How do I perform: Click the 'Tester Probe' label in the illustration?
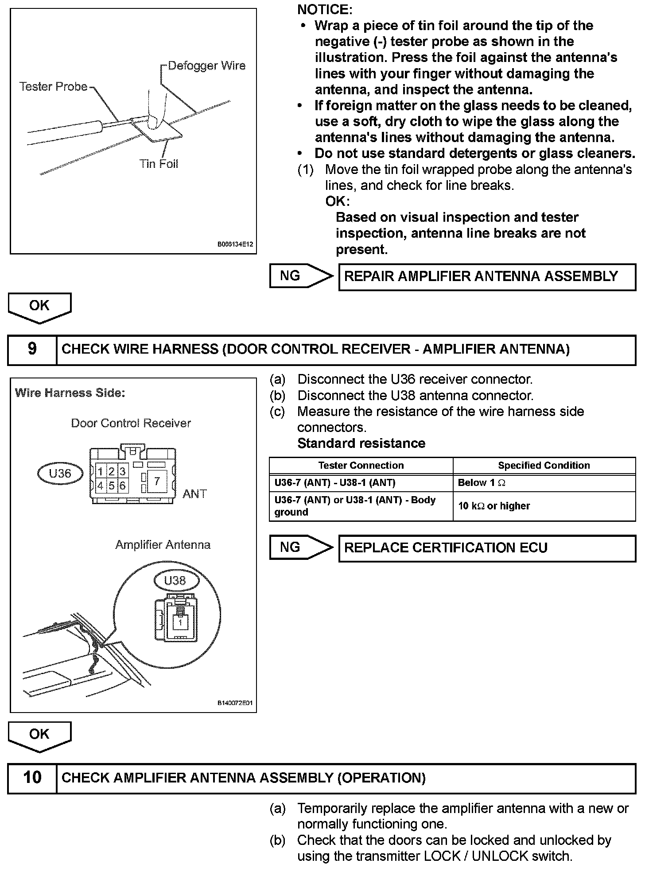[54, 87]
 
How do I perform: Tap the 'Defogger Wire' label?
[206, 66]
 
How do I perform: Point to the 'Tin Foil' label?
[159, 164]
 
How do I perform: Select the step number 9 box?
[32, 349]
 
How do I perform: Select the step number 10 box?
[32, 778]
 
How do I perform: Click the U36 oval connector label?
[60, 474]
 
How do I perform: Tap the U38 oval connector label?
[175, 580]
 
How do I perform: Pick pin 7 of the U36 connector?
[157, 481]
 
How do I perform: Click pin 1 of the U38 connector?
[180, 622]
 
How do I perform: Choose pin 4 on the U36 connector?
[101, 486]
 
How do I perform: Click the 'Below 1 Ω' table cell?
[544, 483]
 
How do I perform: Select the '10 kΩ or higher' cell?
[544, 506]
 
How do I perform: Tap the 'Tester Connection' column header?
[361, 466]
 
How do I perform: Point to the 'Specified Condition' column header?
[544, 466]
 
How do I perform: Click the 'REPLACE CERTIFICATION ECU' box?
[487, 548]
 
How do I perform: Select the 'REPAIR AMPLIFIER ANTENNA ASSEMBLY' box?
[487, 277]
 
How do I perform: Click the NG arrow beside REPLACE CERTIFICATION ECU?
[300, 547]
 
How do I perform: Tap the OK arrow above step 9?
[39, 307]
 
